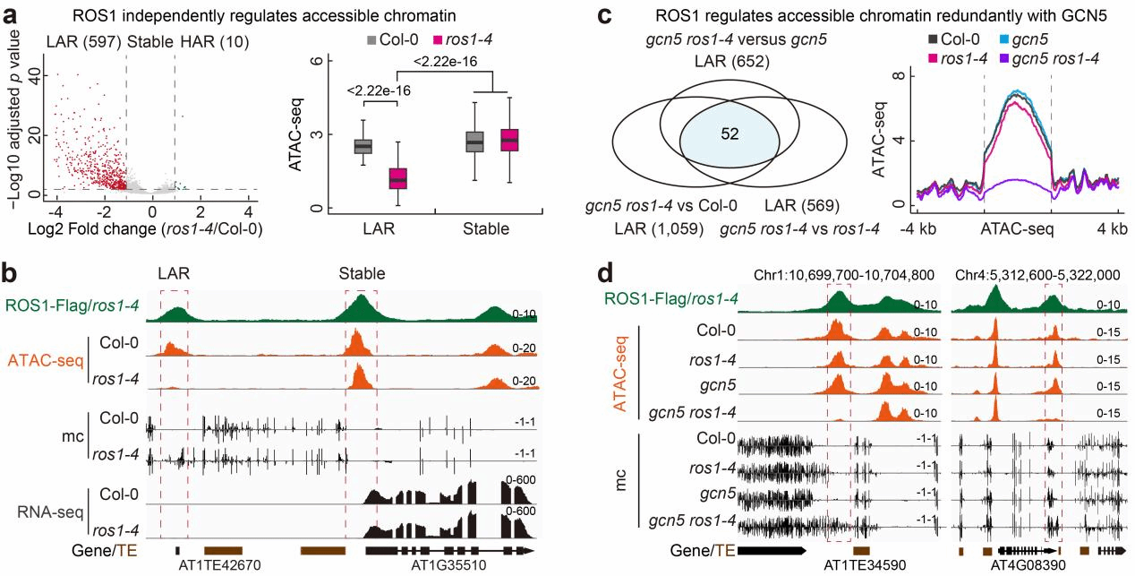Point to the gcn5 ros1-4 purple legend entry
click(x=1067, y=58)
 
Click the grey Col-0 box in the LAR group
click(x=362, y=146)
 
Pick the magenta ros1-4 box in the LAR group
click(x=396, y=177)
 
